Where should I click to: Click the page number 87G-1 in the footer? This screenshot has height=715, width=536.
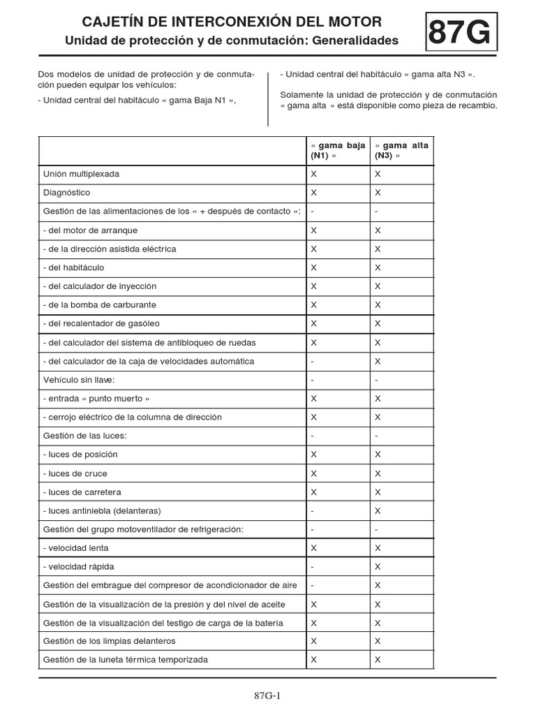coord(267,695)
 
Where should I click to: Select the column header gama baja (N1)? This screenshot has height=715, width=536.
coord(338,151)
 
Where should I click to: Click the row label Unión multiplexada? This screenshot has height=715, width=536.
coord(81,174)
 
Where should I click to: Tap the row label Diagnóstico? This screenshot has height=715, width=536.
coord(66,193)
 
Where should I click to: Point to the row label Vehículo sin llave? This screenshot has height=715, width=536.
coord(79,380)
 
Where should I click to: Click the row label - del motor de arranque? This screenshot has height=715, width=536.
coord(91,230)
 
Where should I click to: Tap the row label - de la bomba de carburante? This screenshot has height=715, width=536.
coord(100,305)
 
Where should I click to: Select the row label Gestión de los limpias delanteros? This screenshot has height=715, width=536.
coord(110,641)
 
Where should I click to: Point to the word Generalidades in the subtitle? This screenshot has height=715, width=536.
coord(355,41)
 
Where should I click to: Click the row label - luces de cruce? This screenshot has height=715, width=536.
coord(75,473)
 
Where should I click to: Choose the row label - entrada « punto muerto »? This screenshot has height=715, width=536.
coord(96,399)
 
